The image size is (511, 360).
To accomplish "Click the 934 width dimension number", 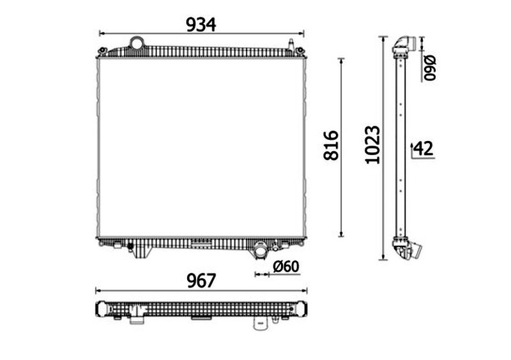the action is click(x=201, y=24).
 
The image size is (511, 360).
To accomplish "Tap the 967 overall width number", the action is click(x=201, y=281).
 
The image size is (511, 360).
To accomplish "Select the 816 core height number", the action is click(x=331, y=146).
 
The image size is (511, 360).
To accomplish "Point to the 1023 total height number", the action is click(x=372, y=144).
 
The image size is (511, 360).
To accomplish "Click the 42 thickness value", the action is click(x=423, y=149).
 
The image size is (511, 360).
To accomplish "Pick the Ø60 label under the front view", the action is click(x=286, y=267).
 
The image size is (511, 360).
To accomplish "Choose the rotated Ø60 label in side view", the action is click(x=429, y=68).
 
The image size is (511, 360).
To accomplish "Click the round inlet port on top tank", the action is click(x=137, y=43).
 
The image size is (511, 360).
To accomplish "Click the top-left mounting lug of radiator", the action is click(x=102, y=50).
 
